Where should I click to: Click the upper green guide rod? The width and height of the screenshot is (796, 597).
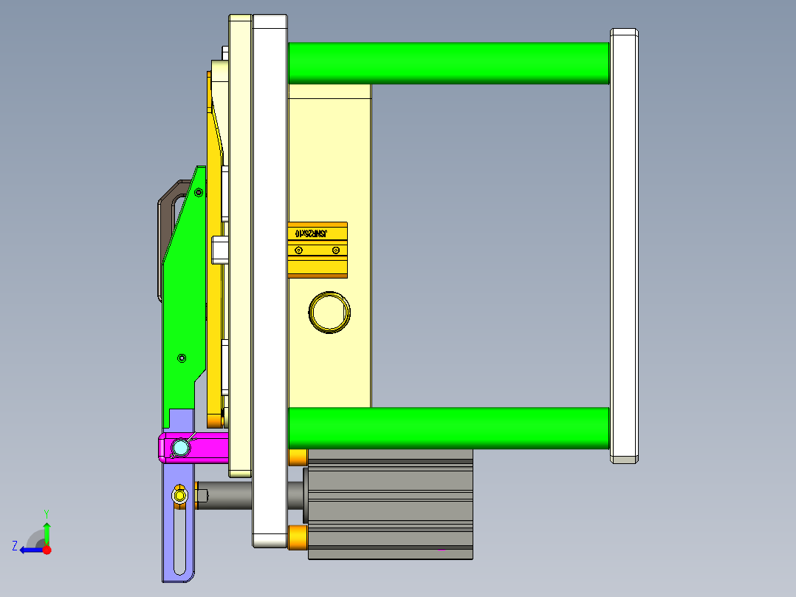point(447,63)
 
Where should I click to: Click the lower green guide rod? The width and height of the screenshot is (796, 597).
point(447,428)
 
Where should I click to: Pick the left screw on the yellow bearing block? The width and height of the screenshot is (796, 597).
point(298,250)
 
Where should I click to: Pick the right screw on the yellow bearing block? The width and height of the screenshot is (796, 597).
point(335,250)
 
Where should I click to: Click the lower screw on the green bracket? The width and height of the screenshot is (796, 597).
point(182,358)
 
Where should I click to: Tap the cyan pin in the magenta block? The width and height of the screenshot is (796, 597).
point(180,448)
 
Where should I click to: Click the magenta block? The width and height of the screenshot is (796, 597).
point(210,447)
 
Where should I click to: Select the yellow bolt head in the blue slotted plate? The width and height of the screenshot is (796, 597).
point(179,496)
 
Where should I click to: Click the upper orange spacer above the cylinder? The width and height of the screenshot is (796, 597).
point(298,457)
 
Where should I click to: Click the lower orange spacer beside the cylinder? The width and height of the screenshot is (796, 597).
point(298,537)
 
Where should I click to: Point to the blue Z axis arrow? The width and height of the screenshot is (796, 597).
point(28,549)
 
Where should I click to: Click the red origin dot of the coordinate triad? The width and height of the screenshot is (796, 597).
point(47,550)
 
